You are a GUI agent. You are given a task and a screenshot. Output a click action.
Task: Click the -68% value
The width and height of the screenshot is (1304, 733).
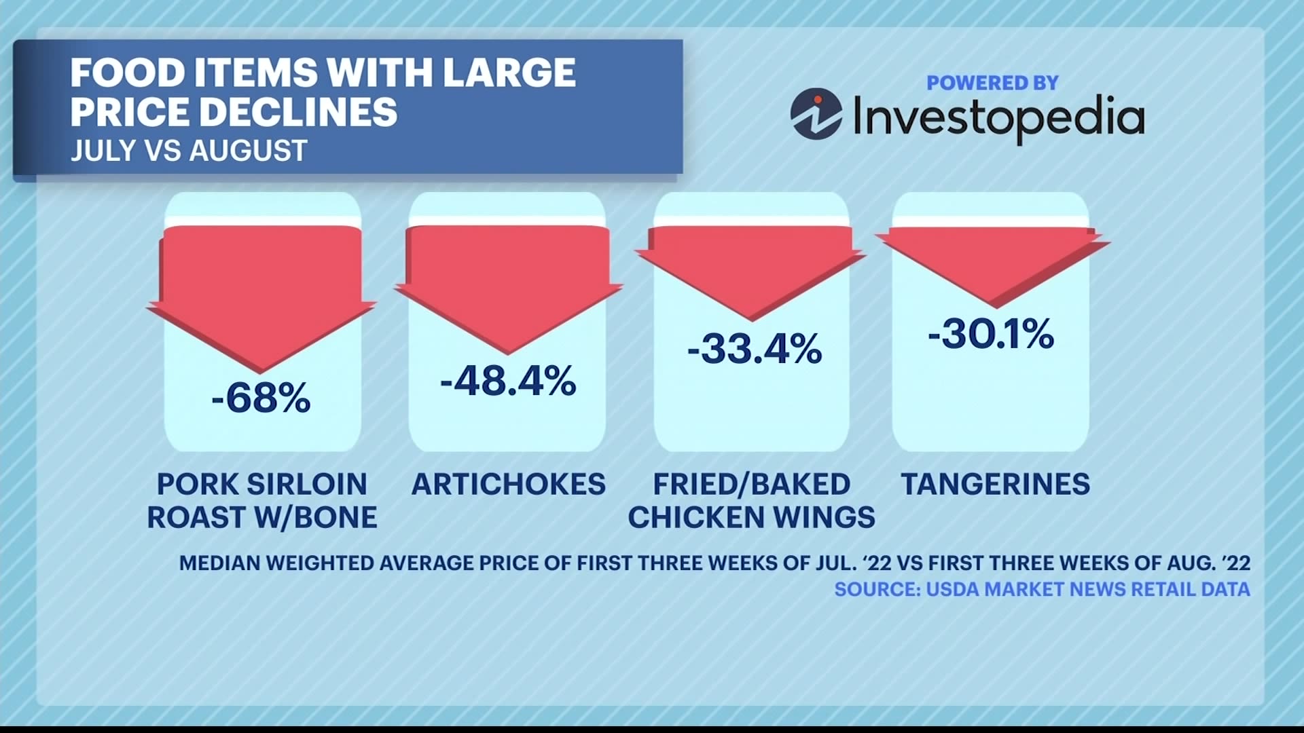click(261, 398)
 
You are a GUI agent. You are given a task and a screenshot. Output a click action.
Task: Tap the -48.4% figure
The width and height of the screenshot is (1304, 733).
click(508, 381)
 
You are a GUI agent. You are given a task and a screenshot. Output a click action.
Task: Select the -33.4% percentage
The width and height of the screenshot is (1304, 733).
click(754, 349)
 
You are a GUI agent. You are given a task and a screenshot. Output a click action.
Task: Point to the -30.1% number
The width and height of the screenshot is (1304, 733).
click(991, 335)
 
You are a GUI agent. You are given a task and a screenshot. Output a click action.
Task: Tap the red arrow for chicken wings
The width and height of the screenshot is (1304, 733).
click(750, 268)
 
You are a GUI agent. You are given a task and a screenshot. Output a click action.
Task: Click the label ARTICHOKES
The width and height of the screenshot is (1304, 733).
click(508, 485)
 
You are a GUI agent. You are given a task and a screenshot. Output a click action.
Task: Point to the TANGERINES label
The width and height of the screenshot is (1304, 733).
click(995, 485)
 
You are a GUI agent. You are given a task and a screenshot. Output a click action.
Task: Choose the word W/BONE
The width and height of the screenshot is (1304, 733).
click(315, 518)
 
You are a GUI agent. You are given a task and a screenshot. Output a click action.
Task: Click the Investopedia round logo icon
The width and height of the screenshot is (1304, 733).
click(816, 114)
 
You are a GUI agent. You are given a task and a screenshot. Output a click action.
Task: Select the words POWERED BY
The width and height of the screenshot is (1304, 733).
click(992, 83)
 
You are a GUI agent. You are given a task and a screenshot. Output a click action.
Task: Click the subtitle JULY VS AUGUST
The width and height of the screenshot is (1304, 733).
click(189, 151)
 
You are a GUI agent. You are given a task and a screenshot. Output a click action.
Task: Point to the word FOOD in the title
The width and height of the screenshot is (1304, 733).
click(126, 73)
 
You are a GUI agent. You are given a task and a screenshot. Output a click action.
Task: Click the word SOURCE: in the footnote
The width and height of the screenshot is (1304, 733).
click(877, 589)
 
